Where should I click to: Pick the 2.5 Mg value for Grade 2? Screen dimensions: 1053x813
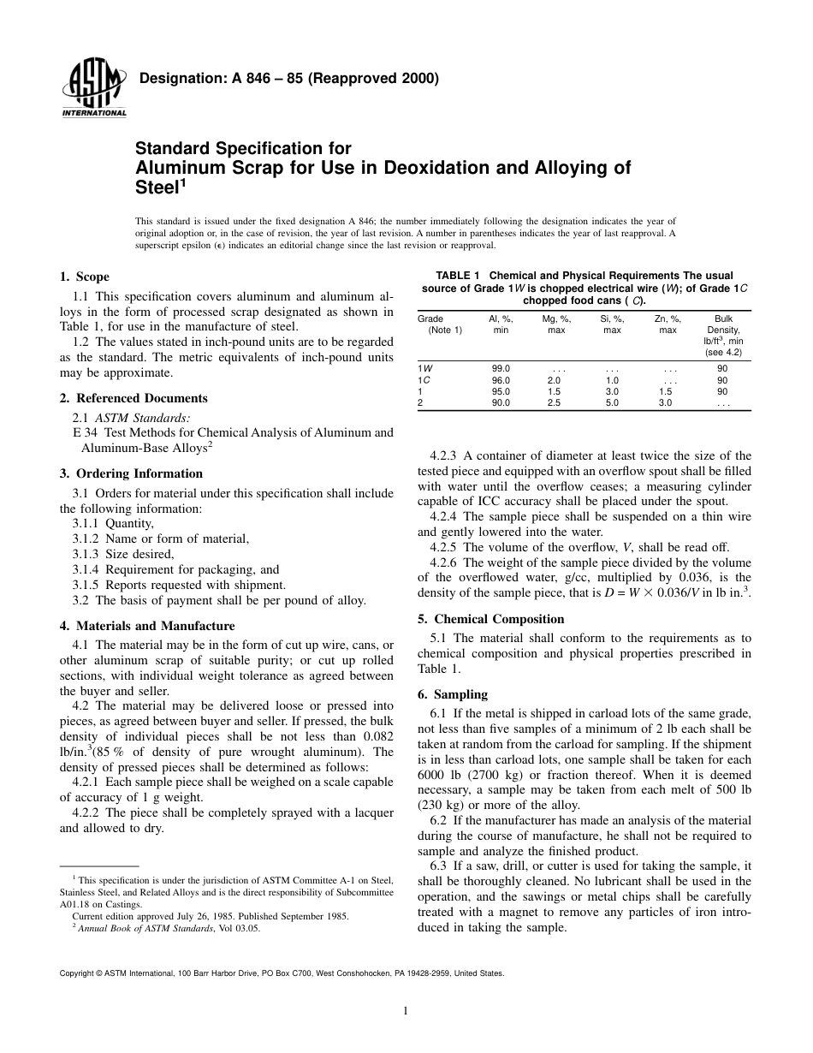point(554,402)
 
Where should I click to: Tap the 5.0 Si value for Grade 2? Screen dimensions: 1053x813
point(612,402)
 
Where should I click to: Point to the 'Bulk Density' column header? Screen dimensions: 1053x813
point(723,324)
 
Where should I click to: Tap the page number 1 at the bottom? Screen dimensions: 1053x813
point(406,1011)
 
